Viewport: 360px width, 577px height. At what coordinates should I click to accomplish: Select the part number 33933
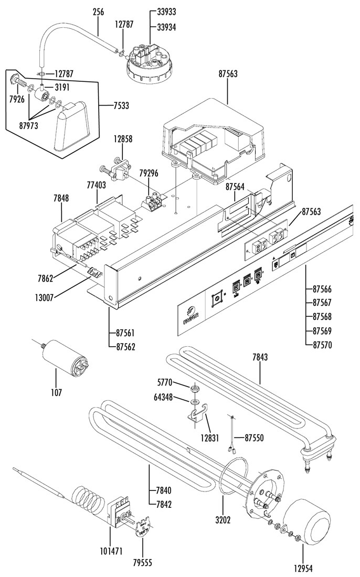[166, 11]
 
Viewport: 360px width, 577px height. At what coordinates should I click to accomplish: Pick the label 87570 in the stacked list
[322, 345]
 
